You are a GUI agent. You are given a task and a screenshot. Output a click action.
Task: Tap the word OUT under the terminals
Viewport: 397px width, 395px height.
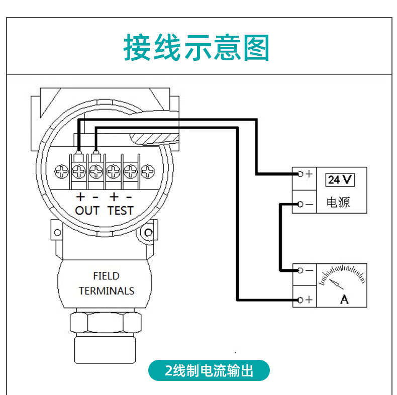click(x=87, y=210)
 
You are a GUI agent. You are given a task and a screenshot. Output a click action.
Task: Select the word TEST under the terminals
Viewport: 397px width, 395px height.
click(x=121, y=210)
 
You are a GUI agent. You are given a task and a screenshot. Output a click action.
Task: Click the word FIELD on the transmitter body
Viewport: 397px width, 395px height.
click(x=106, y=276)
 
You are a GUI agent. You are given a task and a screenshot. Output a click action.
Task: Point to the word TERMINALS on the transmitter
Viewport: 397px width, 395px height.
click(x=107, y=290)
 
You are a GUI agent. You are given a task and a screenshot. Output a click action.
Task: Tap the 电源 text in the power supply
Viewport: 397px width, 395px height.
click(x=338, y=203)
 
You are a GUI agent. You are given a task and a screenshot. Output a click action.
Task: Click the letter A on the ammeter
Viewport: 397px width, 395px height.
click(x=344, y=300)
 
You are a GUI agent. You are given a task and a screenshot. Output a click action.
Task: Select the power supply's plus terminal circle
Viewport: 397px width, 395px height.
click(x=300, y=174)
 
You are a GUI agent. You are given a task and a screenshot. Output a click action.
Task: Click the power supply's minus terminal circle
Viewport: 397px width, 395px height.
click(x=300, y=204)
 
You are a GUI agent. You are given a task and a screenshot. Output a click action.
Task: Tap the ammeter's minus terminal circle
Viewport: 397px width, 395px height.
click(x=300, y=270)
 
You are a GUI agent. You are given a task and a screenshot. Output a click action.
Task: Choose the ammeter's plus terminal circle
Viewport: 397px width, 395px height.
click(x=300, y=300)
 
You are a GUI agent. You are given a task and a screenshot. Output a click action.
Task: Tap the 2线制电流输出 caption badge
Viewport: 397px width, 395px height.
click(x=209, y=371)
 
